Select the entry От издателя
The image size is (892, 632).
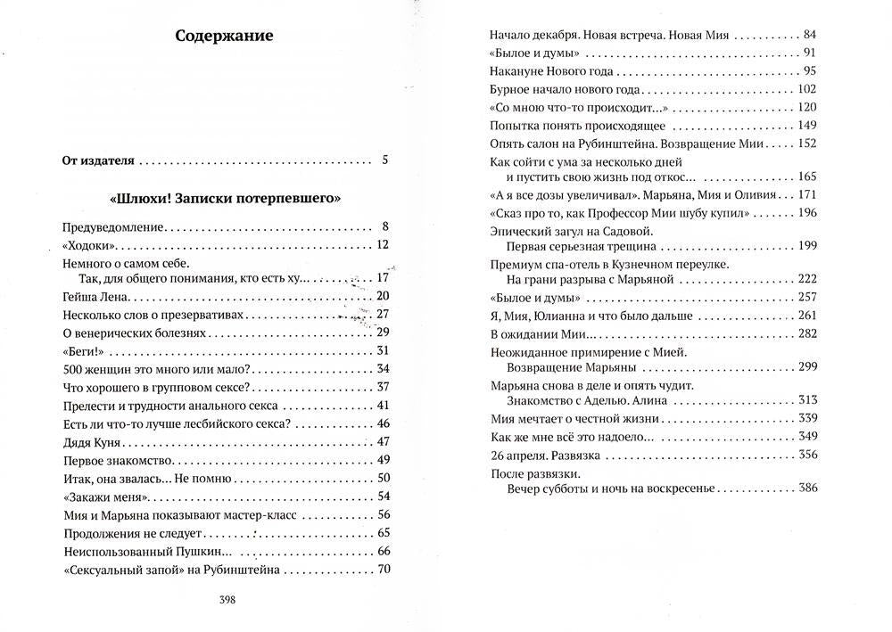click(98, 161)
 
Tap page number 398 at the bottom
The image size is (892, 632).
click(227, 600)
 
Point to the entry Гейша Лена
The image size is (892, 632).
click(91, 297)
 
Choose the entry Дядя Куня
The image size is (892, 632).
click(90, 441)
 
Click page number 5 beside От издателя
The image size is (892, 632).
click(384, 161)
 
